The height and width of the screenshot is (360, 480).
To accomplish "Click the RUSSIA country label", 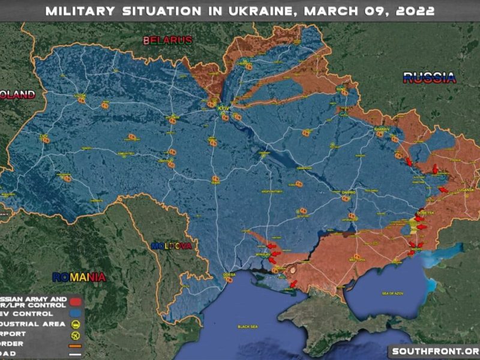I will tap(429, 77).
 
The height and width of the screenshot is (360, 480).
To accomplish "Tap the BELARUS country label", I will tap(167, 40).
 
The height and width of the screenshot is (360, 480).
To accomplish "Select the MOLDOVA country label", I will tap(171, 246).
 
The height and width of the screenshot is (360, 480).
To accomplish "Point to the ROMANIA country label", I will tap(79, 277).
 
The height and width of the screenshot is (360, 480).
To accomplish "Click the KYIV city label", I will tap(223, 108).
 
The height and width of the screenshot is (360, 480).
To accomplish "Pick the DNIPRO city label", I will tap(349, 193).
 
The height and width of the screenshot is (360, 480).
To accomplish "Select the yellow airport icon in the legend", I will tap(76, 335).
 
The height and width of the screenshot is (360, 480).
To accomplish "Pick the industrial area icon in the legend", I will tap(76, 324).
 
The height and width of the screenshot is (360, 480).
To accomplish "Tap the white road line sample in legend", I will tap(76, 354).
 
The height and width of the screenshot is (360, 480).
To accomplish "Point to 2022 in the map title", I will tap(413, 11).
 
